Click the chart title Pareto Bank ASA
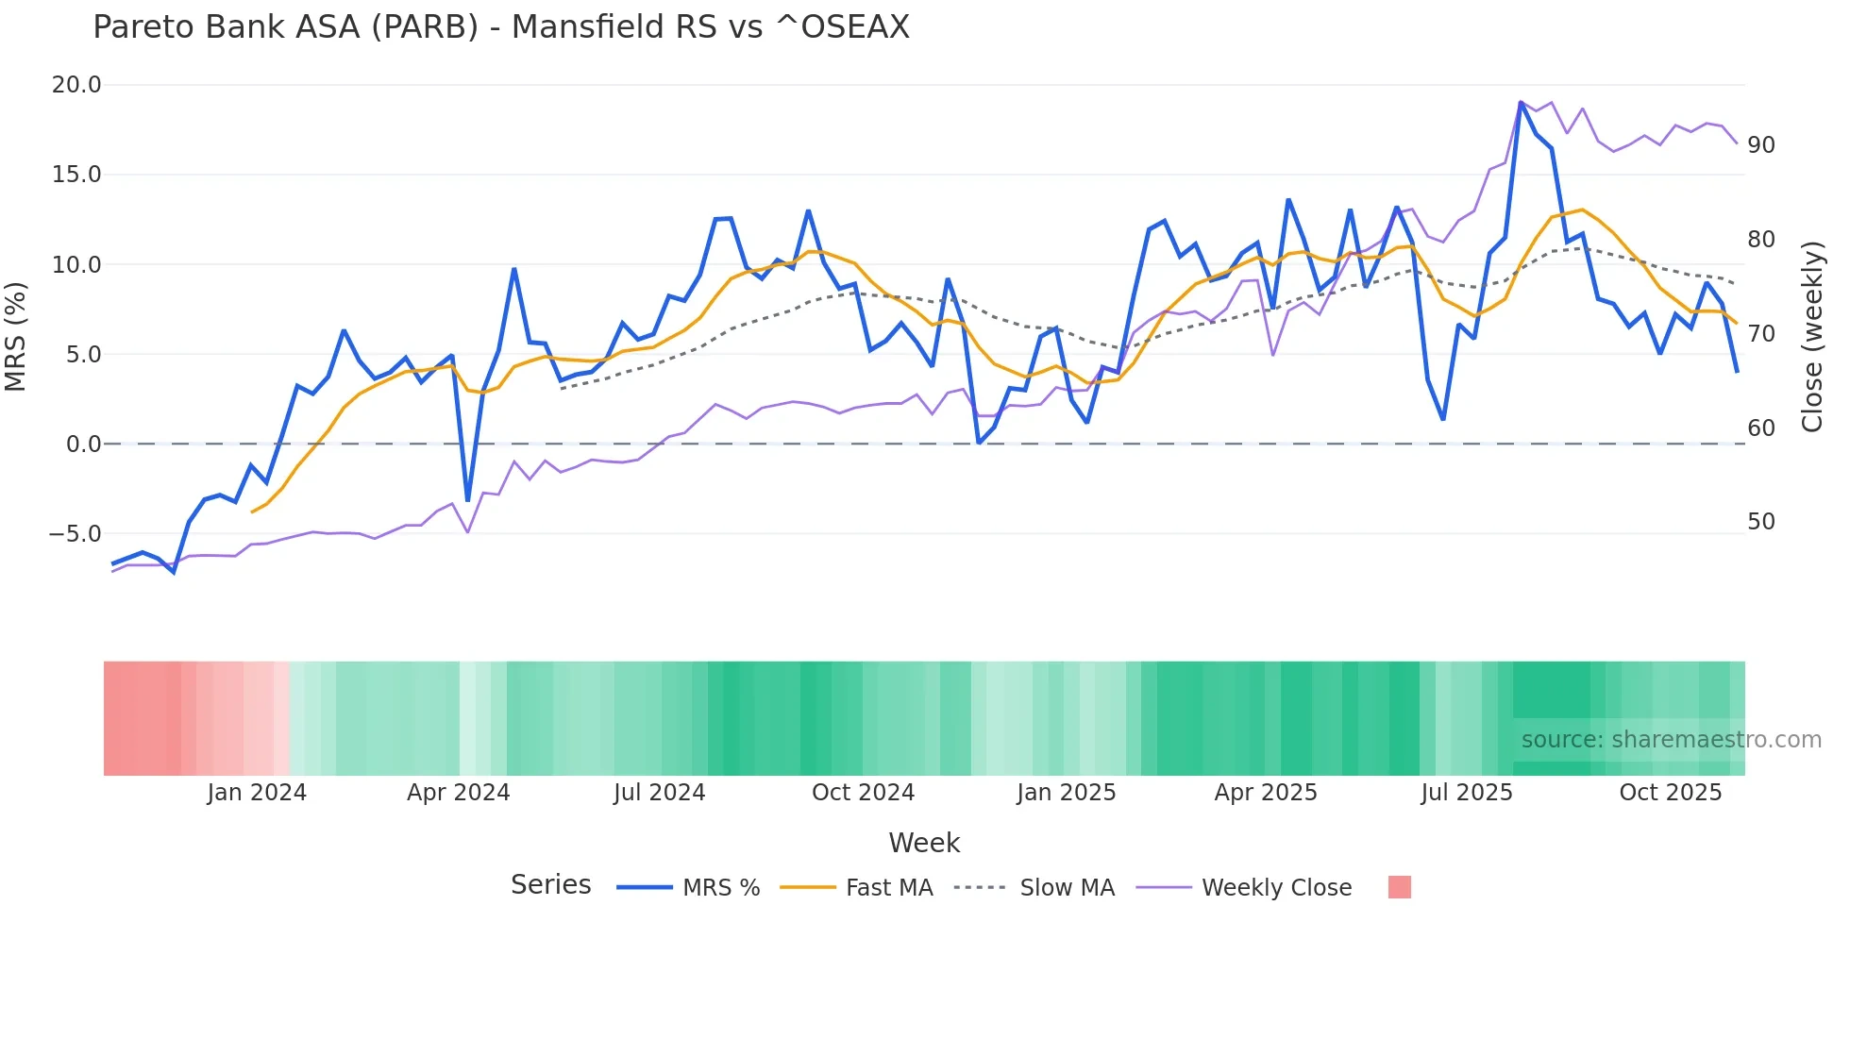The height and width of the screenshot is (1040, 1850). pyautogui.click(x=500, y=27)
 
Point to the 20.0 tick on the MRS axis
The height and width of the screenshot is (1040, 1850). pyautogui.click(x=76, y=85)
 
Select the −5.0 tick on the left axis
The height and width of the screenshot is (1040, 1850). pyautogui.click(x=75, y=534)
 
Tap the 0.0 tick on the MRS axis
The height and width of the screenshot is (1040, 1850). pyautogui.click(x=83, y=445)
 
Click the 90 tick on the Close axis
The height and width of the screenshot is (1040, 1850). pyautogui.click(x=1761, y=145)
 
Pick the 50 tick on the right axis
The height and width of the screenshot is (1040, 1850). pyautogui.click(x=1761, y=522)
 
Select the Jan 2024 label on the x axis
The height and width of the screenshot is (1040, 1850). pyautogui.click(x=257, y=793)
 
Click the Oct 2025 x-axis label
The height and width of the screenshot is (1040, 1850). pyautogui.click(x=1671, y=793)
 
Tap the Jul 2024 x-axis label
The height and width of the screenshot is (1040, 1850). pyautogui.click(x=660, y=793)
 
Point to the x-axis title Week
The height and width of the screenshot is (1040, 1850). pyautogui.click(x=924, y=843)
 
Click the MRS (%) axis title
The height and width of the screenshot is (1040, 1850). pyautogui.click(x=16, y=336)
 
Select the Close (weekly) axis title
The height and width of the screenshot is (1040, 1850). pyautogui.click(x=1811, y=336)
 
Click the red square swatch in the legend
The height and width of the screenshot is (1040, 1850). pyautogui.click(x=1400, y=887)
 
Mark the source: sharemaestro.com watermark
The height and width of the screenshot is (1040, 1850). pyautogui.click(x=1671, y=740)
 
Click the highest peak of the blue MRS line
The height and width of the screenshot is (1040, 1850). pyautogui.click(x=1521, y=102)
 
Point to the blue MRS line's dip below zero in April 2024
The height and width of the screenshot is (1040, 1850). pyautogui.click(x=467, y=500)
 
